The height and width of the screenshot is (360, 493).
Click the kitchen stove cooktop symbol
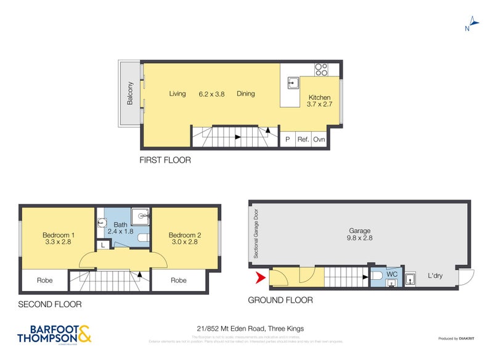[x=321, y=69]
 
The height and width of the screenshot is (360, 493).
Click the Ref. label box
[x=303, y=140]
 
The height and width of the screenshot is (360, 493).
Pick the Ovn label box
[x=319, y=140]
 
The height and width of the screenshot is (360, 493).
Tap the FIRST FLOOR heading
[x=166, y=160]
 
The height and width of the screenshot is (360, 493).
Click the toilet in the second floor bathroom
[x=143, y=238]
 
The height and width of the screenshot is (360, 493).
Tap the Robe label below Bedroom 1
[x=44, y=280]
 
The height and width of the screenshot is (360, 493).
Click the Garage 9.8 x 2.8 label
[x=360, y=234]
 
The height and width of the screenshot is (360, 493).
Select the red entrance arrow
[x=261, y=279]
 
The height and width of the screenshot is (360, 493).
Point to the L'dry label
[x=434, y=276]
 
